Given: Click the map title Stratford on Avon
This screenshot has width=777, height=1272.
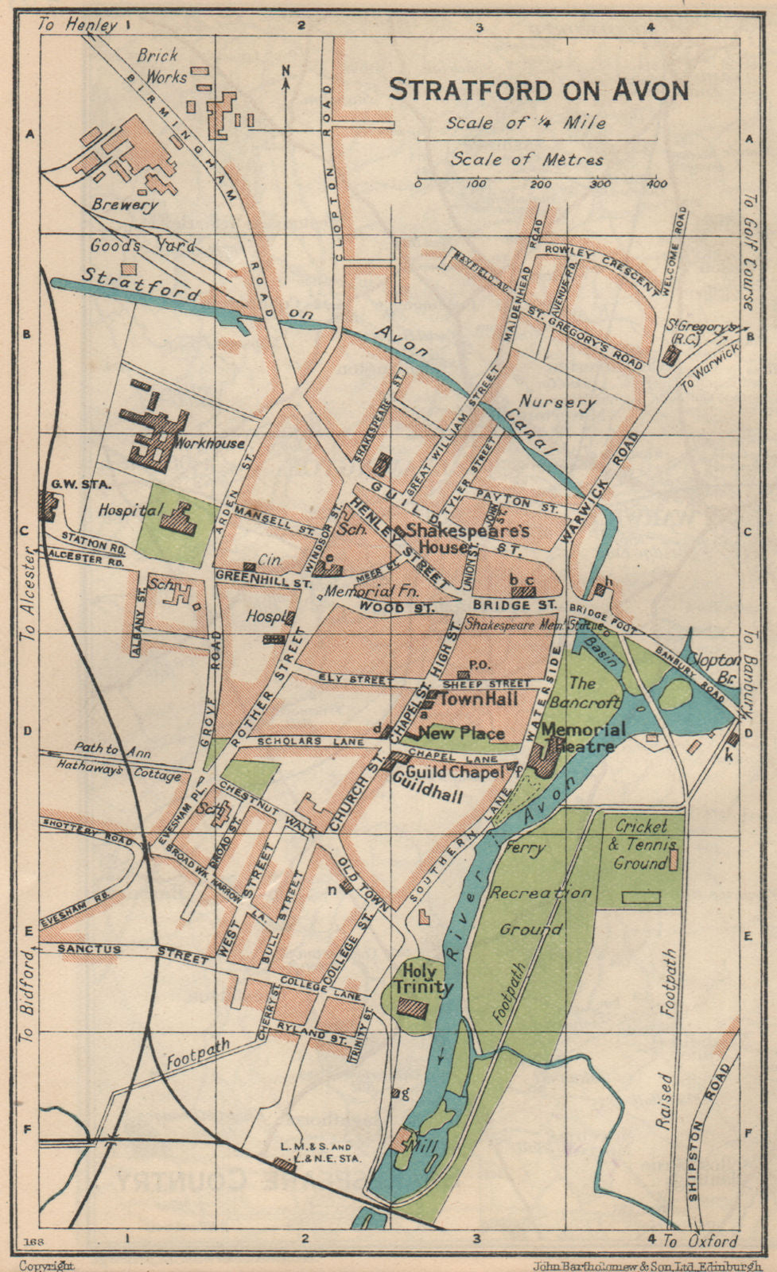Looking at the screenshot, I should pyautogui.click(x=538, y=89).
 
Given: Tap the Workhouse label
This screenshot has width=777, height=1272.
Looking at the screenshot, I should pyautogui.click(x=211, y=443).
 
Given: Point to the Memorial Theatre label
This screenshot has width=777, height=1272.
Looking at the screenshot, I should pyautogui.click(x=585, y=738).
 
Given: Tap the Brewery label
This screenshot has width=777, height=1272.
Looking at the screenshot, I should pyautogui.click(x=124, y=204).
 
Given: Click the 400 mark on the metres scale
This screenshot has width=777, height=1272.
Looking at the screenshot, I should pyautogui.click(x=656, y=184).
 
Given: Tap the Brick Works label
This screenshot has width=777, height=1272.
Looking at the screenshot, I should pyautogui.click(x=162, y=66).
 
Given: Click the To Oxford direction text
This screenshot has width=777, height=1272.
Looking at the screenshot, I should pyautogui.click(x=701, y=1240).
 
